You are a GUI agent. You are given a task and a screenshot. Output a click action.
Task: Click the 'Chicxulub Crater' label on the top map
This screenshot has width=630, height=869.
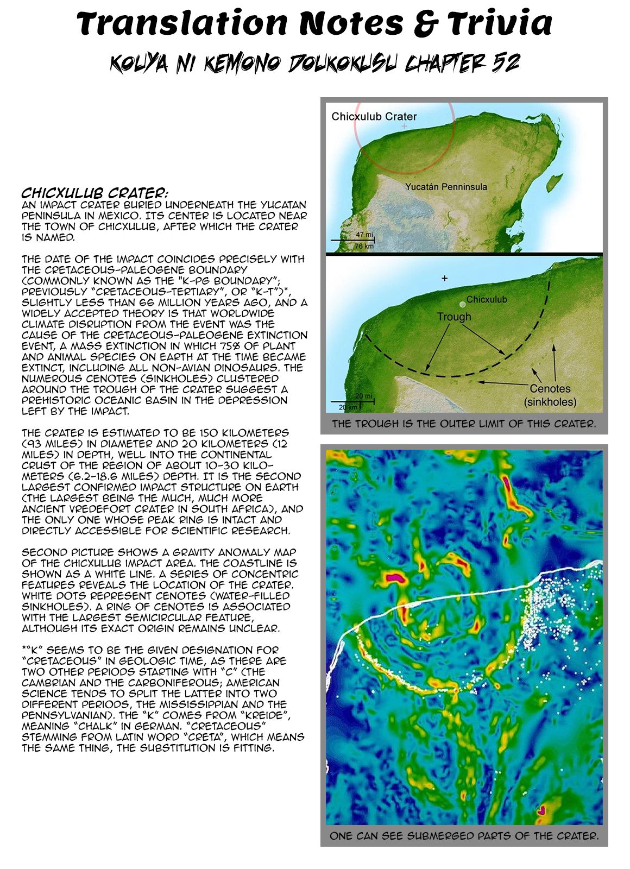374,116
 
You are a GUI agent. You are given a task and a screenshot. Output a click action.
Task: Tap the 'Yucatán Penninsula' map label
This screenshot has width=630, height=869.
446,187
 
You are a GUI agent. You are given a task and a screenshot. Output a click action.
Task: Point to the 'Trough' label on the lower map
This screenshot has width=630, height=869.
454,317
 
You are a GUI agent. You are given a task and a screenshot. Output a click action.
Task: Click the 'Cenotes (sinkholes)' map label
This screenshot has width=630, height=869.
550,395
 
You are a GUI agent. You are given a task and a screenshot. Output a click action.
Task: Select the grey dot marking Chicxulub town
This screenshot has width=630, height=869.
462,305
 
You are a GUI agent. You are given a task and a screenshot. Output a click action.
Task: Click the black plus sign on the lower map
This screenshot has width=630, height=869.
444,278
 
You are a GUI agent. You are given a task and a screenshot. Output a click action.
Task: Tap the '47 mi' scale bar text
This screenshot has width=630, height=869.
364,235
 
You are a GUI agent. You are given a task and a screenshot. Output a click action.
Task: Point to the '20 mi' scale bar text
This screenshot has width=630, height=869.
363,396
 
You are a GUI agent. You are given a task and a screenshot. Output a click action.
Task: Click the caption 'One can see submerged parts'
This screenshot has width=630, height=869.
464,836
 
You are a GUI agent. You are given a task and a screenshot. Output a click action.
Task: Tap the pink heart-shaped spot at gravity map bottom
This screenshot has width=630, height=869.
541,811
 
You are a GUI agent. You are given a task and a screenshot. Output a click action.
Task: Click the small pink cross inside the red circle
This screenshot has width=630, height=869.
404,126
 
